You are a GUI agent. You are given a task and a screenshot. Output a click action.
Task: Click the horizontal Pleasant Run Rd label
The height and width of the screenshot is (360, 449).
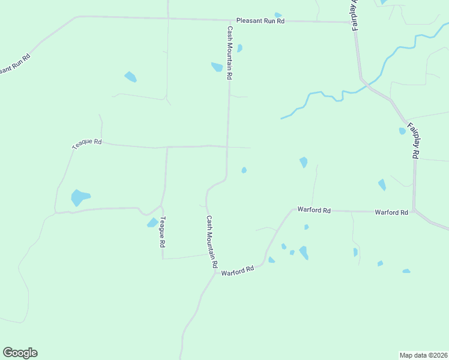260,20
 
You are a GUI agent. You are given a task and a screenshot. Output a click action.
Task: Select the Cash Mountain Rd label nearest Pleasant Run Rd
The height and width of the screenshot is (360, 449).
229,53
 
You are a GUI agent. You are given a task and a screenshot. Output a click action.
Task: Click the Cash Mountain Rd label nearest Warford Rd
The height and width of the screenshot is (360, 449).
211,242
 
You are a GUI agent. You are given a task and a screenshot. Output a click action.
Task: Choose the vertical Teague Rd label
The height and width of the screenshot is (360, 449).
161,233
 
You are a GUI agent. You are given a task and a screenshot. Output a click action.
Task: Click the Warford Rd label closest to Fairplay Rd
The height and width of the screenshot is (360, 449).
391,212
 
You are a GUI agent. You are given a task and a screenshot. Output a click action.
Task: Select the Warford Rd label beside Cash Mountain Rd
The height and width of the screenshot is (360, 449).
238,271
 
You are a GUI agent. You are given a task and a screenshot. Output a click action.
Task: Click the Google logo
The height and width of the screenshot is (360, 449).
20,353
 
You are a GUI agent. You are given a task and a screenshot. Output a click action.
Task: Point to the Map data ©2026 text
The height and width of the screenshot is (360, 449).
424,355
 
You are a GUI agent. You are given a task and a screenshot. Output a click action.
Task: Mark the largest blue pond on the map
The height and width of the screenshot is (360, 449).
79,197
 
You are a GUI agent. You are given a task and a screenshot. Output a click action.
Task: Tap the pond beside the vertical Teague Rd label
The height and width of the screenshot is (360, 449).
152,223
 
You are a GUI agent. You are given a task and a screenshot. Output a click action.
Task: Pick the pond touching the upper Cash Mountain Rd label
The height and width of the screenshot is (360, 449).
217,67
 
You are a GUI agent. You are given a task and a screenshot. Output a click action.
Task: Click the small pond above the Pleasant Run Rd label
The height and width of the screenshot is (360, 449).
277,15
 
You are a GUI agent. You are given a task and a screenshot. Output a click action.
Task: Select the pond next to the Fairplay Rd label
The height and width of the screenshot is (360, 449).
402,131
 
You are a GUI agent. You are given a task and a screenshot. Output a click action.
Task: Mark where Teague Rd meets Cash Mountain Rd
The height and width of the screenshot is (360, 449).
227,146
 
